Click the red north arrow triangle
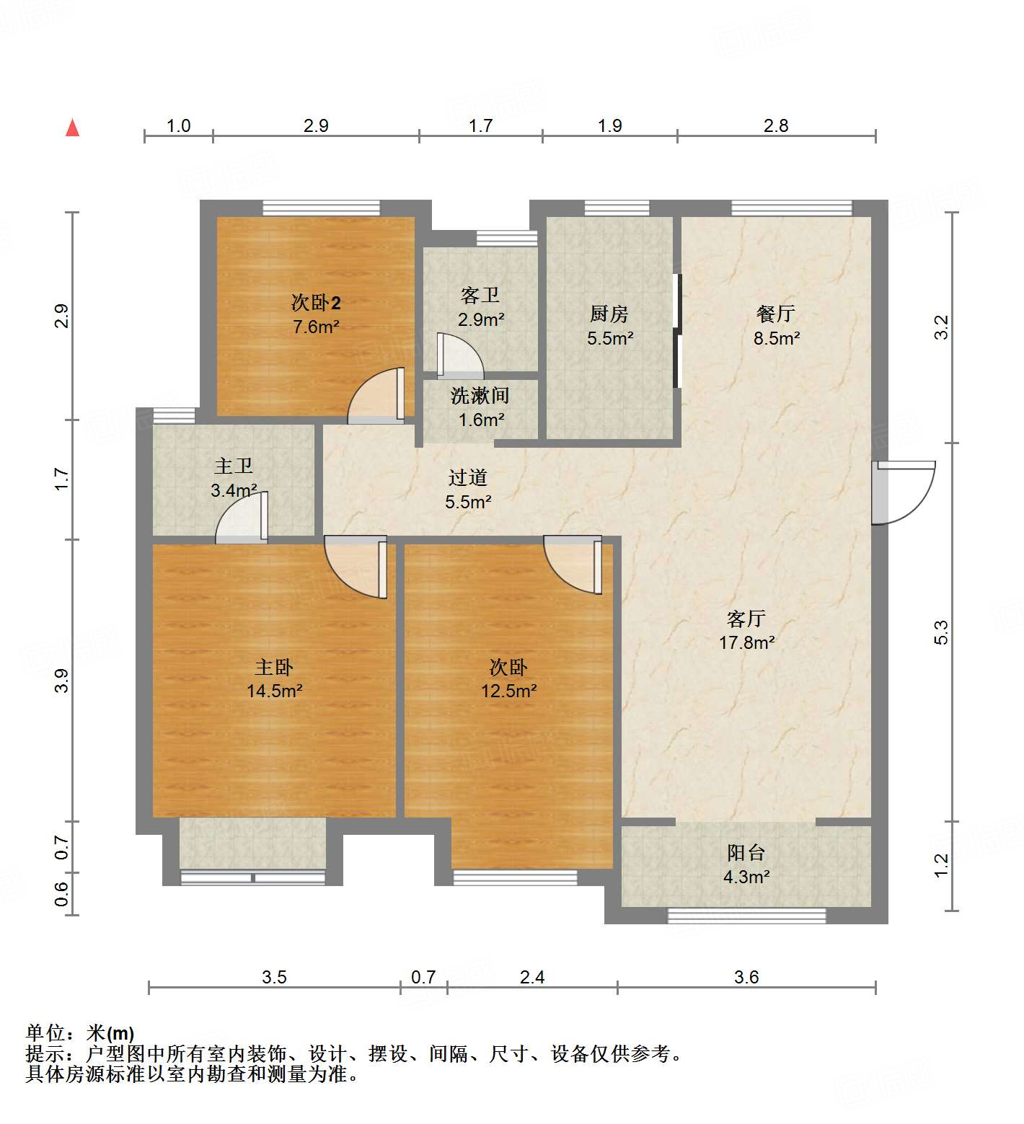pos(72,128)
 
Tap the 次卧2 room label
pos(316,303)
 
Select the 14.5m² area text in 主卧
pos(274,691)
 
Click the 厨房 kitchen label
pos(609,314)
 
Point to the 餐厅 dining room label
pos(776,314)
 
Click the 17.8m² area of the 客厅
pos(746,642)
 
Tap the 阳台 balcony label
pos(746,853)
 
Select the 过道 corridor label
pos(468,477)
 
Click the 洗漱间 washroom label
pos(480,395)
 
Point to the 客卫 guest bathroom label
pos(480,296)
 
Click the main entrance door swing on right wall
pos(901,492)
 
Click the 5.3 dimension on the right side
pos(941,632)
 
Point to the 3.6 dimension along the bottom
pos(746,977)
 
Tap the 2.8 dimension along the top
pos(776,125)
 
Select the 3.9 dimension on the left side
pos(62,681)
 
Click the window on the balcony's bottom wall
pos(746,916)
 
